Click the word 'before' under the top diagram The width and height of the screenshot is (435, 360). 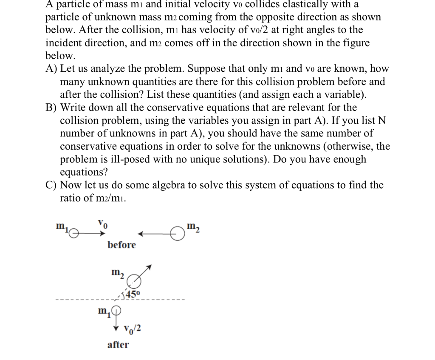tap(121, 245)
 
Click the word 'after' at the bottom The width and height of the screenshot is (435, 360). tap(118, 345)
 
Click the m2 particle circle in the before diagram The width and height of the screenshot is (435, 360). tap(176, 233)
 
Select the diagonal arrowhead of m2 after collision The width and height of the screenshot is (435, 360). tap(148, 268)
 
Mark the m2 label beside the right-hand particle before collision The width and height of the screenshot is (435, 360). tap(193, 225)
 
